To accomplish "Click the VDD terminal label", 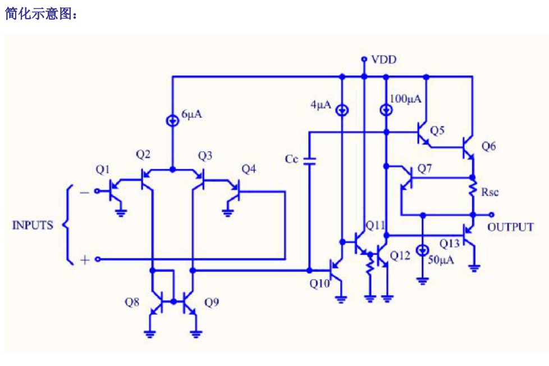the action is (x=384, y=60).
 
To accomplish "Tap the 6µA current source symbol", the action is (x=172, y=121).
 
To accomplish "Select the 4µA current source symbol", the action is (x=342, y=110).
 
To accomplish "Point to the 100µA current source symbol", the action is (x=386, y=110).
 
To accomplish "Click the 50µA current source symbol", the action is (x=423, y=250).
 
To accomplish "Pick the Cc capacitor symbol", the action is (x=309, y=161).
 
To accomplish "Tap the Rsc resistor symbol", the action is (x=473, y=189).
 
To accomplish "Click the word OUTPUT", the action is (x=510, y=227).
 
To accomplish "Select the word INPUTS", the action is (x=33, y=225).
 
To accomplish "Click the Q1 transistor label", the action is (x=103, y=170).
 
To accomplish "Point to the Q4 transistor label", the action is (x=249, y=169).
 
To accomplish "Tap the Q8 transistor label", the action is (x=132, y=302).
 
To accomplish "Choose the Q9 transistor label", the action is (x=212, y=302).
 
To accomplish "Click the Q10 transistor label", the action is (x=319, y=283).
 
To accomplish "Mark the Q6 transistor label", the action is (x=489, y=146).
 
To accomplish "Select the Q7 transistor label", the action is (x=425, y=169).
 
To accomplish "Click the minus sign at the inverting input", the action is (x=84, y=192).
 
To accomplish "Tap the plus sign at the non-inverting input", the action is (x=85, y=260).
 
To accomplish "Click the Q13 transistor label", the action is (x=449, y=243).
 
